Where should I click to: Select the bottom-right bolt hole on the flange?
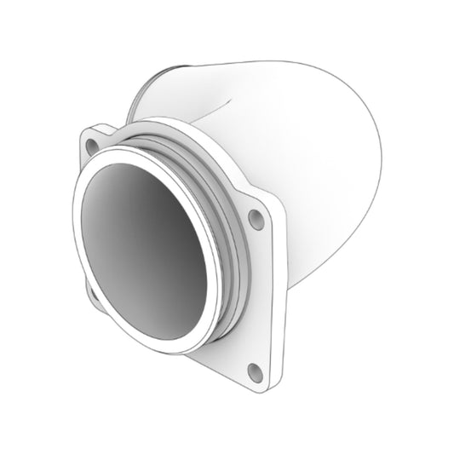point(253,370)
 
